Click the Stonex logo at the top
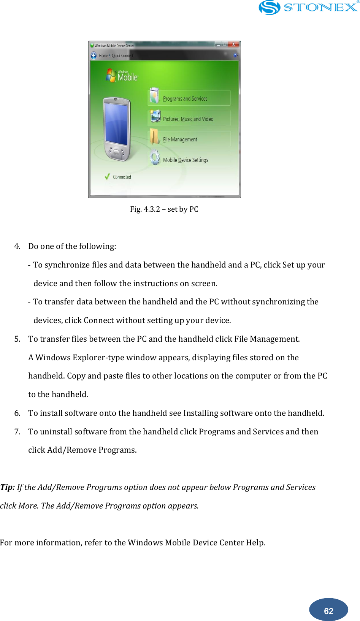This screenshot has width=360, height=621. [x=308, y=8]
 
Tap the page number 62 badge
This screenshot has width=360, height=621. [x=328, y=610]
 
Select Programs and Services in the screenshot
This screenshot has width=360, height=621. [x=185, y=99]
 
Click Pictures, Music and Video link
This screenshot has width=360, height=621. [x=188, y=119]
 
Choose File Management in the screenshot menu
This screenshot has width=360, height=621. [x=180, y=139]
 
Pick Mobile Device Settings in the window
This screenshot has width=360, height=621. [x=186, y=160]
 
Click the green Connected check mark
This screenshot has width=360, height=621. [x=107, y=177]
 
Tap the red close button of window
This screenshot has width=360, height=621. [x=233, y=44]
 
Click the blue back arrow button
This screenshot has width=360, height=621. [x=94, y=55]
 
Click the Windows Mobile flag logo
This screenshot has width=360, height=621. [x=111, y=75]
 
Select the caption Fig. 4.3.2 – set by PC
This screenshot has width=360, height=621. [x=164, y=209]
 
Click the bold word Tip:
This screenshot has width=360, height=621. [x=8, y=487]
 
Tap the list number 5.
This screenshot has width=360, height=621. [x=17, y=339]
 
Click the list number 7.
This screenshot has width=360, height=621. [x=17, y=432]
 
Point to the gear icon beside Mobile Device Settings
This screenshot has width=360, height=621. [x=155, y=157]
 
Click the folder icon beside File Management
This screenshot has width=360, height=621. [x=154, y=136]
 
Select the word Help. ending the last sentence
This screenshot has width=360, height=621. [x=255, y=543]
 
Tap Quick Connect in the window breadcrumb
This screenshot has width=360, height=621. [x=122, y=55]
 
